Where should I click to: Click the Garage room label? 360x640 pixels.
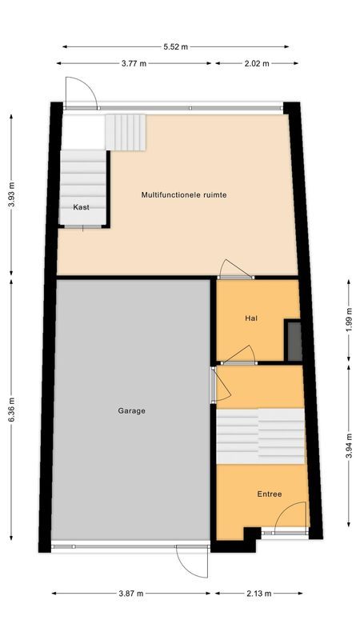(x=132, y=410)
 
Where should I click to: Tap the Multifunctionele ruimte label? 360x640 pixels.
(x=178, y=194)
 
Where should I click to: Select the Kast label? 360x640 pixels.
(x=81, y=207)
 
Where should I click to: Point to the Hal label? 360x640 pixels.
(x=251, y=318)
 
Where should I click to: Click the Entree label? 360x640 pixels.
(x=269, y=494)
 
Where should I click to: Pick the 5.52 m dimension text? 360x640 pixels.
(x=175, y=46)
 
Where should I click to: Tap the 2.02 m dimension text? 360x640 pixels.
(x=255, y=63)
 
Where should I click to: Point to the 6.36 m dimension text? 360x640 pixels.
(x=12, y=410)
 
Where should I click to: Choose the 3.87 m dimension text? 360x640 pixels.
(x=131, y=594)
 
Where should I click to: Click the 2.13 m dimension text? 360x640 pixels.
(x=258, y=594)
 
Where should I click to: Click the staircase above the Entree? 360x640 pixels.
(x=261, y=437)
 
